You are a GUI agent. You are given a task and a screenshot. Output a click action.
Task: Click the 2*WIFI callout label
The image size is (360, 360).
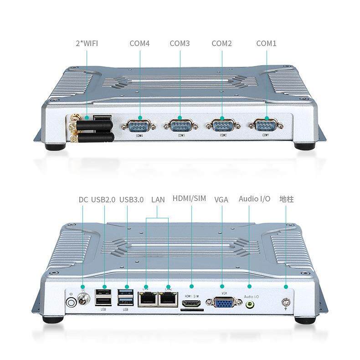click(87, 44)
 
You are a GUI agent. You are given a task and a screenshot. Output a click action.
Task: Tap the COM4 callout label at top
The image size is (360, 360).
click(139, 44)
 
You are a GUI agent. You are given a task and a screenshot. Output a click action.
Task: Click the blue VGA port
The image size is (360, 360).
click(222, 302)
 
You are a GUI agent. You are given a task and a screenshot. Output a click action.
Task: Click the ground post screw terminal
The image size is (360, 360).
click(286, 302)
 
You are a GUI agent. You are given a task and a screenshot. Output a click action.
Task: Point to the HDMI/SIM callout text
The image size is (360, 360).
click(189, 199)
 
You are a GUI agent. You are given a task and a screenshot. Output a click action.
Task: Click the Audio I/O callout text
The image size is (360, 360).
click(254, 199)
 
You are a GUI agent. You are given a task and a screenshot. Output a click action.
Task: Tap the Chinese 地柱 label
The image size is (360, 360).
click(286, 199)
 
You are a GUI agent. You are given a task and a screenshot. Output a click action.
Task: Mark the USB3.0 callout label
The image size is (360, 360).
click(131, 199)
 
